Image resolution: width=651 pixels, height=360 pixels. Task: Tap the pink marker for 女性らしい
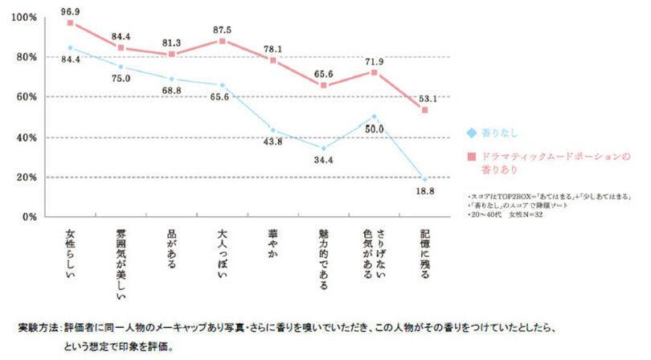point(71,22)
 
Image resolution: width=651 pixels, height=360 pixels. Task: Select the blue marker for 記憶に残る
point(424,179)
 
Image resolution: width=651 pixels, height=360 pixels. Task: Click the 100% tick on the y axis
point(23,18)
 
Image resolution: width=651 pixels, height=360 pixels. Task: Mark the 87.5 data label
point(223,28)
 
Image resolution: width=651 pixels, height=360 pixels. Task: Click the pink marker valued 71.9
point(374,72)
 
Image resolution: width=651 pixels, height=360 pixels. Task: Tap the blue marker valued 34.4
point(323,148)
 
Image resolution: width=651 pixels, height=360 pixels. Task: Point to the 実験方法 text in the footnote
point(38,329)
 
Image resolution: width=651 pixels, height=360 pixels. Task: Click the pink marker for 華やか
point(272,60)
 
